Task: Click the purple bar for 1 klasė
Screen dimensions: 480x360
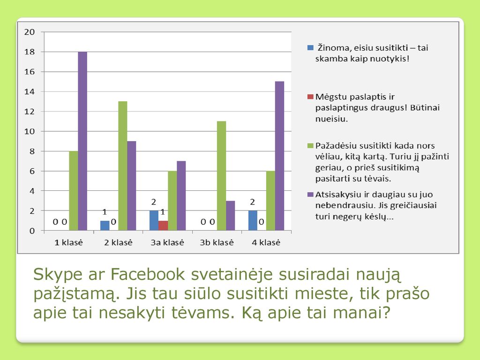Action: point(82,141)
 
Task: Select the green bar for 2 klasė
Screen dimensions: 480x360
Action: point(123,165)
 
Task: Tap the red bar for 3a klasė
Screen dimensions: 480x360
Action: point(163,225)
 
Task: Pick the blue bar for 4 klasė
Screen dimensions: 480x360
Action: point(253,220)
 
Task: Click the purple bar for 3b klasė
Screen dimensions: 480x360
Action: point(231,216)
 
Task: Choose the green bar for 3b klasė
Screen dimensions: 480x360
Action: point(222,176)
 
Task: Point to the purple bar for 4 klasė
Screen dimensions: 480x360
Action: point(279,156)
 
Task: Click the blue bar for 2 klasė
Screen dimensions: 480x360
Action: point(105,225)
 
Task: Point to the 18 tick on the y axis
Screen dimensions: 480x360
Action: point(30,52)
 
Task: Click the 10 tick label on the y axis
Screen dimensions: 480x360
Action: point(30,131)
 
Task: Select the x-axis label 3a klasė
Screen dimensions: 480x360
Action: point(167,242)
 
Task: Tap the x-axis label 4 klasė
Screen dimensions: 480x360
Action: point(266,242)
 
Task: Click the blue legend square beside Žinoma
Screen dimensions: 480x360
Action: point(310,48)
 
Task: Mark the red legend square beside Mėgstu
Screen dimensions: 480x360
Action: point(310,97)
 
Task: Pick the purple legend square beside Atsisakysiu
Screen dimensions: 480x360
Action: point(310,195)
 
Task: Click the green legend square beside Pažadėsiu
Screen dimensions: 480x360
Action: point(310,146)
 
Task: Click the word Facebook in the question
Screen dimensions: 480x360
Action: point(148,274)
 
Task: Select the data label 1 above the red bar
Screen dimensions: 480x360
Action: point(163,212)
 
